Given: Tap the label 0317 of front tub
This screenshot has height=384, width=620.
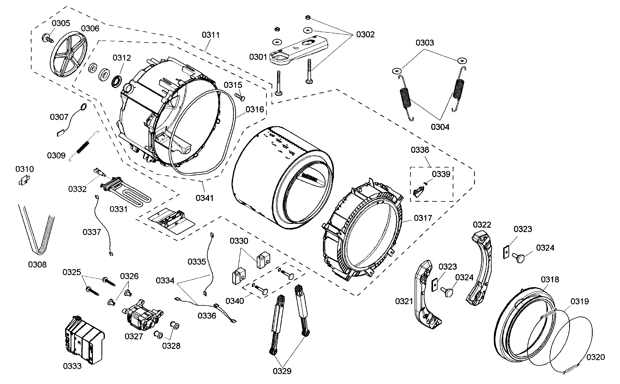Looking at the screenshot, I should point(423,218).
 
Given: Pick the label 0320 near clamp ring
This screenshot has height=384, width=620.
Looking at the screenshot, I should point(595,357).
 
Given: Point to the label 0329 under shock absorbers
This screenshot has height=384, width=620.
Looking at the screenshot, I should point(282,371).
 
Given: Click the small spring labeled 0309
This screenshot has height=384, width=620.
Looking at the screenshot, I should point(83,148).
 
